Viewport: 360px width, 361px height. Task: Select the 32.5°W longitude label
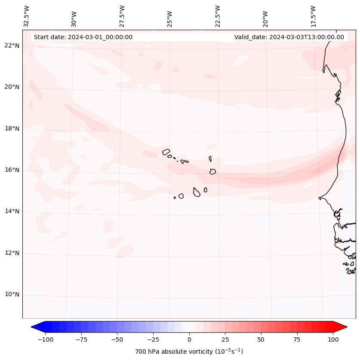pos(27,16)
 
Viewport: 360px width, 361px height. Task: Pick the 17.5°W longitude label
pos(313,16)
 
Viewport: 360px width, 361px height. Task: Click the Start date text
pos(83,37)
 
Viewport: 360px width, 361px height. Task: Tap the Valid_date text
pos(289,37)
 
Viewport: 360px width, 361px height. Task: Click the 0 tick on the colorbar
pos(189,339)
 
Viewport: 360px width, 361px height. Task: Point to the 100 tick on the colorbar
pos(333,339)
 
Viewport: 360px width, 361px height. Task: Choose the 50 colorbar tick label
pos(261,339)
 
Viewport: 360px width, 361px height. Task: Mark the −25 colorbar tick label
pos(153,339)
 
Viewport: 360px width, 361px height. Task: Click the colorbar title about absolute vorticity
pos(189,352)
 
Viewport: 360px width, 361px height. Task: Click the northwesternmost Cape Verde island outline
pos(166,152)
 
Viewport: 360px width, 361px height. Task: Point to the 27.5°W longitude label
pos(122,16)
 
